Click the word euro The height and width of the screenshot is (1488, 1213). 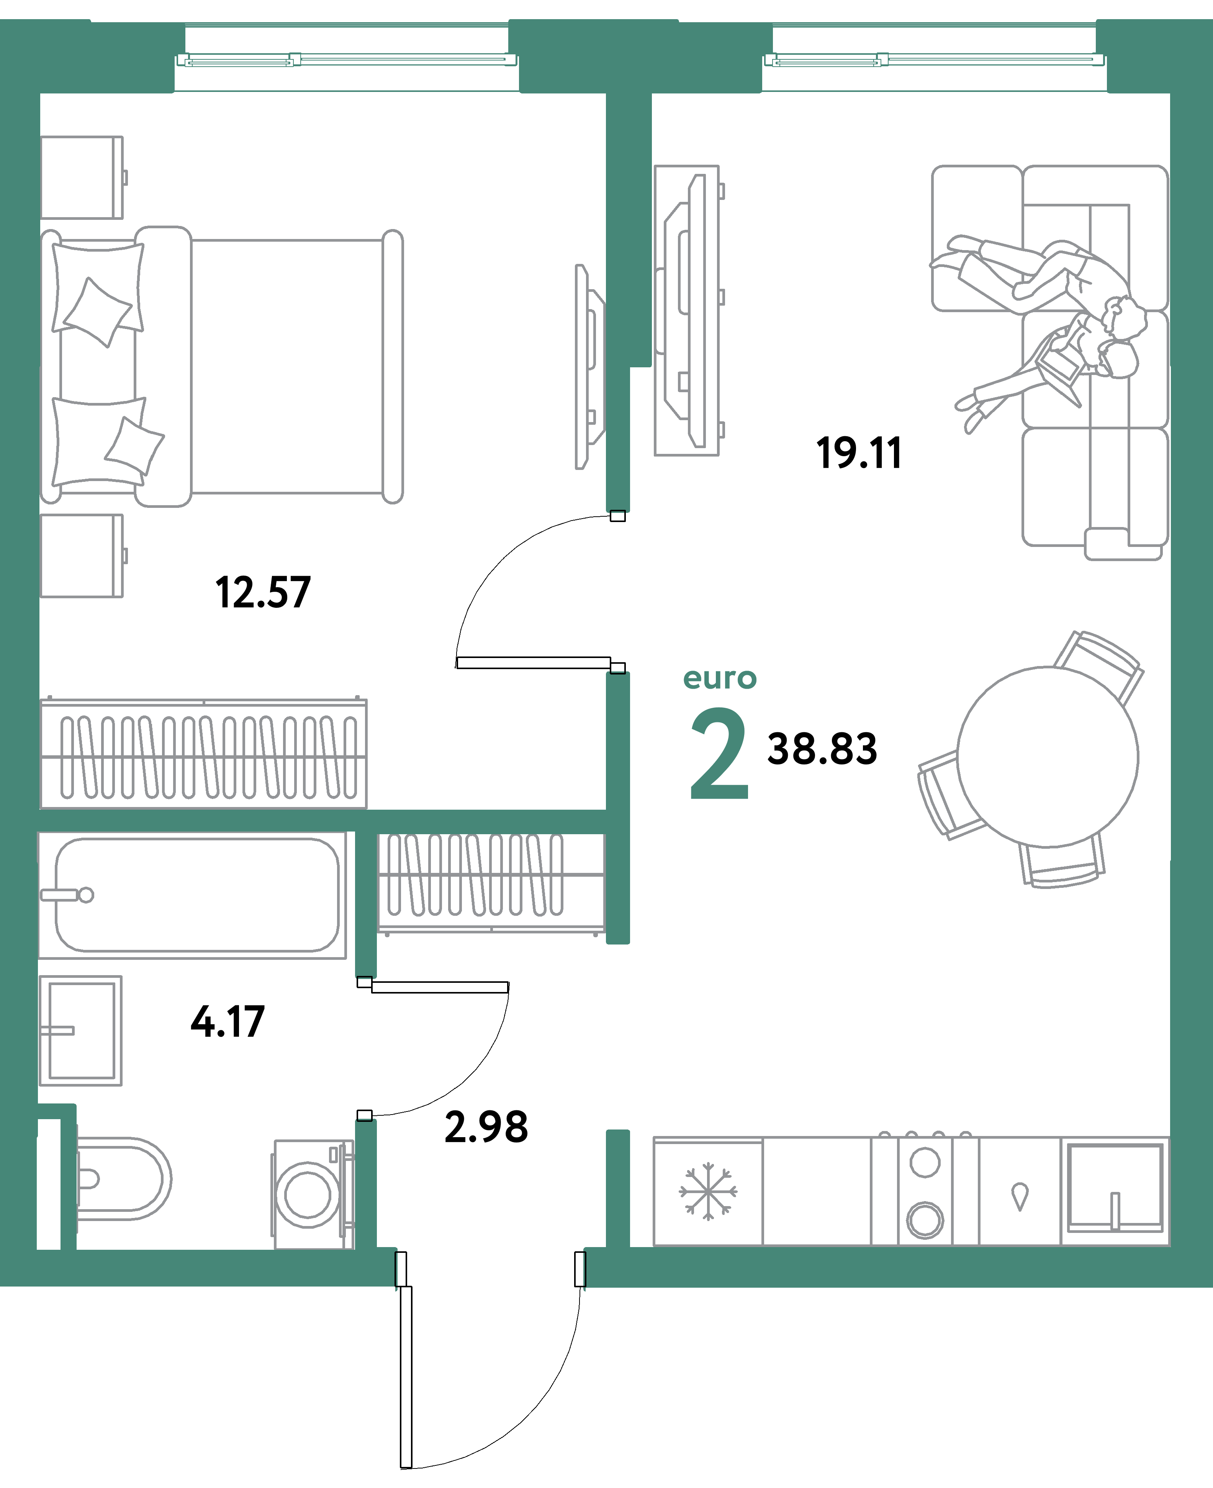point(720,678)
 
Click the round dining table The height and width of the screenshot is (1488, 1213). point(1048,756)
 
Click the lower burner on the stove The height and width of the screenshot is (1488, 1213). point(925,1220)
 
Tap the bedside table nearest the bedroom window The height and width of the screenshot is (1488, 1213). point(82,177)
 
